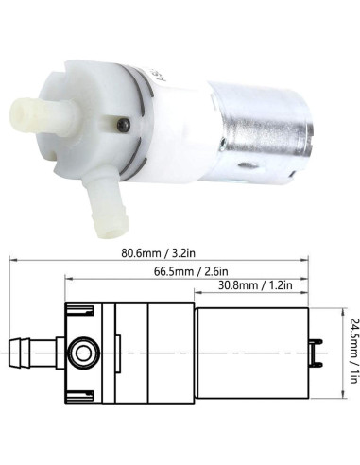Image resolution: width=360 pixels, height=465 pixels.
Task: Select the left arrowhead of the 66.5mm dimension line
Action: (x=69, y=284)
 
